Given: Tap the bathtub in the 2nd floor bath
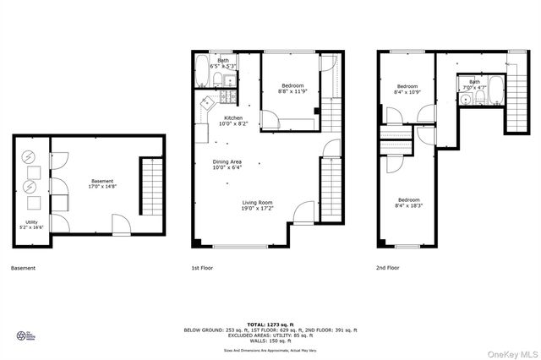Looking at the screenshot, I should (x=494, y=94).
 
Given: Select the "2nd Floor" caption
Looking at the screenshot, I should (x=386, y=268).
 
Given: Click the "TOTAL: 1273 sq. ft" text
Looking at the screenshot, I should (x=270, y=324).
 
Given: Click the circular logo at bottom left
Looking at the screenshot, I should (x=22, y=335).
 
